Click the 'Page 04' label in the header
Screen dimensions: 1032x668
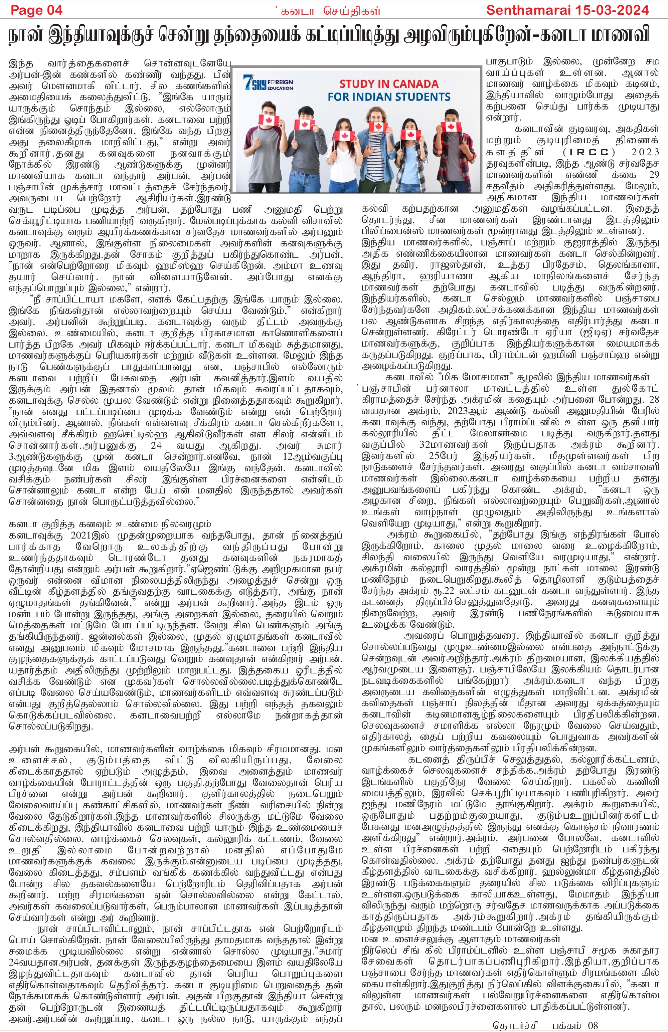[36, 10]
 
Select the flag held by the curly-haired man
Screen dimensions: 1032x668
[377, 127]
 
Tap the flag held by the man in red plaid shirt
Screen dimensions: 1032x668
[448, 127]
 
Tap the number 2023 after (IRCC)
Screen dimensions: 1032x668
[645, 152]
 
